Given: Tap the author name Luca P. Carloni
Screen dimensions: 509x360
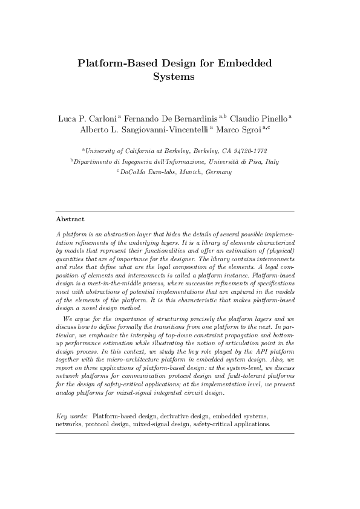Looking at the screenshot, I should point(88,117).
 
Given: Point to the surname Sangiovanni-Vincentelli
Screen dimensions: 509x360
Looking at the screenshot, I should point(171,129).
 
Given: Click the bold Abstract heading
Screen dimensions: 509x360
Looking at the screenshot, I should point(70,219).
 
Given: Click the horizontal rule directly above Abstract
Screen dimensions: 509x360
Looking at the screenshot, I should point(175,212).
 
